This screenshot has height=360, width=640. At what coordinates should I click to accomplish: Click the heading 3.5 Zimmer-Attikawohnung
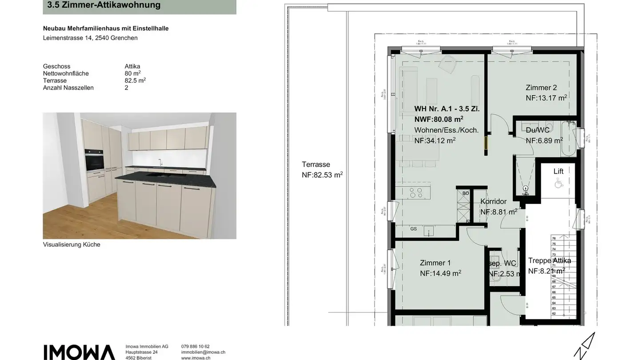pos(104,6)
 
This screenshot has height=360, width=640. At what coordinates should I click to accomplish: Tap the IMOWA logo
pos(79,352)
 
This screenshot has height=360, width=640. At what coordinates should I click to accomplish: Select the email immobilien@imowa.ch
pos(203,352)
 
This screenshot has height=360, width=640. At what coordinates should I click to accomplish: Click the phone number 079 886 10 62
pos(195,346)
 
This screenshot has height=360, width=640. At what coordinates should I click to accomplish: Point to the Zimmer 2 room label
pos(541,88)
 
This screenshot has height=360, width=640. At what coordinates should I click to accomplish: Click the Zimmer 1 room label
pos(435,263)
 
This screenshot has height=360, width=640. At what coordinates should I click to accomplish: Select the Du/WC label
pos(538,130)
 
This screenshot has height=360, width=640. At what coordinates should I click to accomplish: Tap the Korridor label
pos(493,202)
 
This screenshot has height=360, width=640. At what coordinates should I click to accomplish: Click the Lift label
pos(558,172)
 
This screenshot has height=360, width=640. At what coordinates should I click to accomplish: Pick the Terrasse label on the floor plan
pos(316,164)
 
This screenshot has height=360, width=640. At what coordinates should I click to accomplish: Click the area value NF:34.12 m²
pos(435,140)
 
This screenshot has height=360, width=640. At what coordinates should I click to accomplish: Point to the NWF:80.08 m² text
pos(439,119)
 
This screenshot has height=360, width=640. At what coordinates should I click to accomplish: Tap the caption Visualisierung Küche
pos(72,244)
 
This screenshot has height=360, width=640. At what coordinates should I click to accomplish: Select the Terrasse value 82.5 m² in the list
pos(135,80)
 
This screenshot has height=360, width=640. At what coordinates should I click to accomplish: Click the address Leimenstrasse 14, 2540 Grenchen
pos(90,38)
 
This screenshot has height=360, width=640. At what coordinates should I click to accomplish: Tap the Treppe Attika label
pos(549,261)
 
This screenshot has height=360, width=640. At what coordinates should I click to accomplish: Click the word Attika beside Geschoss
pos(132,66)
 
